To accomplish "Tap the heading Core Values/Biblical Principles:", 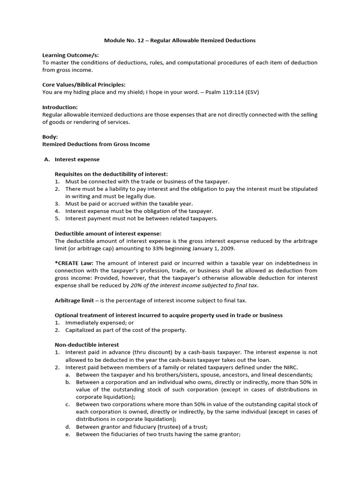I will (84, 84).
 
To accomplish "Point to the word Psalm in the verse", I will (215, 92).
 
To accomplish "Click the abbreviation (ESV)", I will (250, 92).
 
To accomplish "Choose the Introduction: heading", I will (60, 107).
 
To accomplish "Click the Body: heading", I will (50, 137).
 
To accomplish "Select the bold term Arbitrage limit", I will (74, 300).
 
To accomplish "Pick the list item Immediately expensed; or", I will (97, 322).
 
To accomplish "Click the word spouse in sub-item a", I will (210, 374).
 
